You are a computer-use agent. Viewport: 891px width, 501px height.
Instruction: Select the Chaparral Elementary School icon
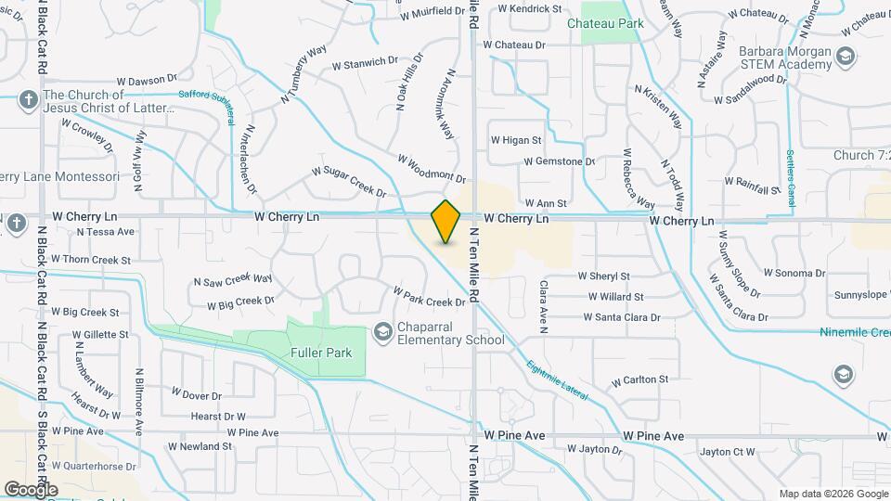coord(382,331)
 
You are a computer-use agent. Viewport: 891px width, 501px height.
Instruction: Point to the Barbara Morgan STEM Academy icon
coord(845,58)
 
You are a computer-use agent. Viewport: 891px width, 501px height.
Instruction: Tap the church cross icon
coord(29,98)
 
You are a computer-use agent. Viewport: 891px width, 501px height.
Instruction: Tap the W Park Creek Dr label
coord(428,297)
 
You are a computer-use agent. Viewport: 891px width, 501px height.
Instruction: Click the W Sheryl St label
coord(603,276)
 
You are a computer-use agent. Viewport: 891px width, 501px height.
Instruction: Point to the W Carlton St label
coord(639,380)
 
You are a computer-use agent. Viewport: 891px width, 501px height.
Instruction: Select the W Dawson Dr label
coord(146,81)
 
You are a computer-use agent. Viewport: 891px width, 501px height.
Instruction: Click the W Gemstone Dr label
coord(559,161)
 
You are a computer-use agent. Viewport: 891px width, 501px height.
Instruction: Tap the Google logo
coord(31,489)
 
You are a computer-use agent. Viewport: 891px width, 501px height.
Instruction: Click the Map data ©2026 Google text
coord(833,493)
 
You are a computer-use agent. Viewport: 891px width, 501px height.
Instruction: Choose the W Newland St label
coord(199,446)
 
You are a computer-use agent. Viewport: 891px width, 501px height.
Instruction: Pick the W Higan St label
coord(515,140)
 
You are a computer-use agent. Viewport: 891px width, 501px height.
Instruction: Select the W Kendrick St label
coord(530,8)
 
